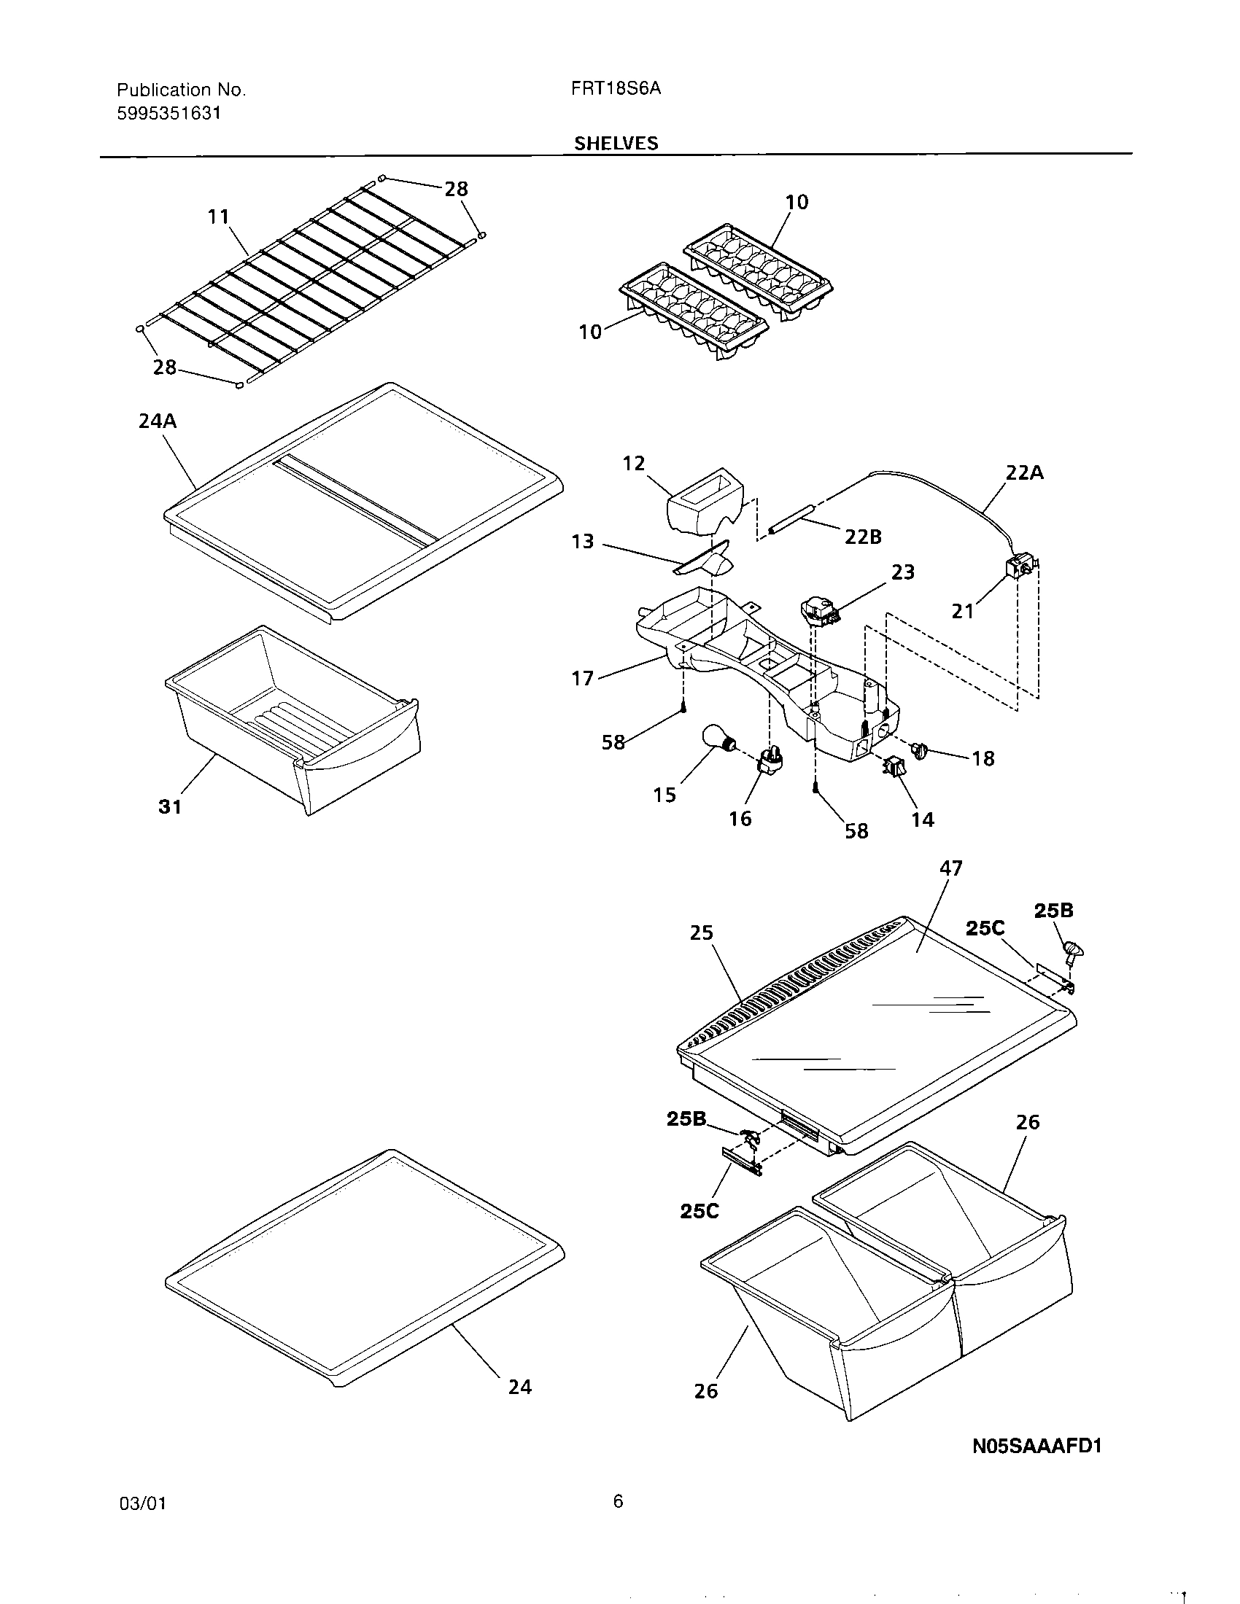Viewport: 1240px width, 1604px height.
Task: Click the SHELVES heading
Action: pyautogui.click(x=616, y=143)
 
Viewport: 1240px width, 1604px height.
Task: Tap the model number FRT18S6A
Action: pyautogui.click(x=616, y=89)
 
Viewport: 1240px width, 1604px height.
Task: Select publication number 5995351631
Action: pyautogui.click(x=169, y=113)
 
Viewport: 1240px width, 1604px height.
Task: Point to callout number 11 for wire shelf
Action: pyautogui.click(x=218, y=217)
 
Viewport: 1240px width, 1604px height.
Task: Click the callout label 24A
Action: pyautogui.click(x=158, y=421)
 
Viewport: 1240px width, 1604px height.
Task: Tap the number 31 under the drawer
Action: pyautogui.click(x=170, y=806)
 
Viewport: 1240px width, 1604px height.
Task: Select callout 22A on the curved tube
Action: pyautogui.click(x=1024, y=473)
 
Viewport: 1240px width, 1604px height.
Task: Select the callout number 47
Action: pyautogui.click(x=950, y=868)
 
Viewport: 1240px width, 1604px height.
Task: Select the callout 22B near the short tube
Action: pyautogui.click(x=862, y=537)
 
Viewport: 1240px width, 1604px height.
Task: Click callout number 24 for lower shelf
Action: pyautogui.click(x=519, y=1387)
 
